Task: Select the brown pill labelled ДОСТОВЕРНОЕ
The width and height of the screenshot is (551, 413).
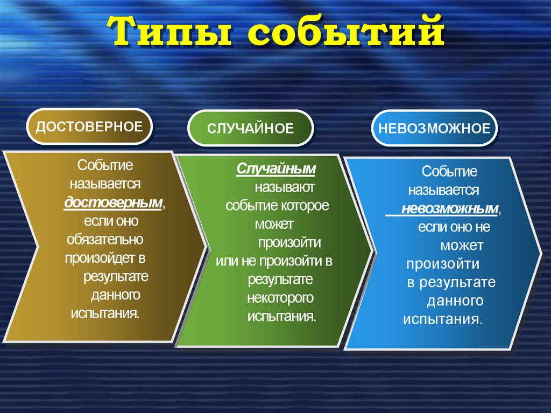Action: point(89,127)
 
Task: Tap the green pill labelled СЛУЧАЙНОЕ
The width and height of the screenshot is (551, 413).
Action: point(250,128)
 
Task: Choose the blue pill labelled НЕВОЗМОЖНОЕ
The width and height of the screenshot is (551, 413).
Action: point(434,128)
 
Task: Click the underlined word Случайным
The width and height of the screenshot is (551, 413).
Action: point(276,170)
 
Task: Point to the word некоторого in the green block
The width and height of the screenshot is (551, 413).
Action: point(280,297)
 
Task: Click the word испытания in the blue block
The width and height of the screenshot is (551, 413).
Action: point(442,319)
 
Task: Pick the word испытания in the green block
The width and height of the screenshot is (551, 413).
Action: point(281,316)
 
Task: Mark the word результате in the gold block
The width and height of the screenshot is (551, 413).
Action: point(116,277)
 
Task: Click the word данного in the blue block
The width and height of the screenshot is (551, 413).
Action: point(455,300)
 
